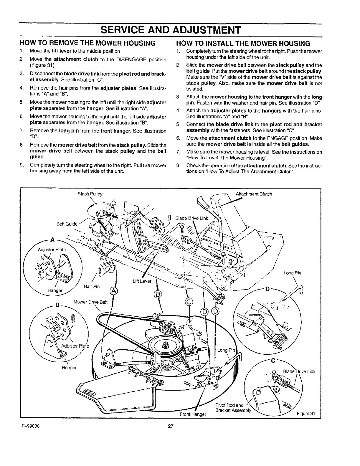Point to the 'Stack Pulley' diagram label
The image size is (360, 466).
[90, 194]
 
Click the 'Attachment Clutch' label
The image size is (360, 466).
[254, 194]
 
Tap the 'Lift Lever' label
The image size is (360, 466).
[142, 281]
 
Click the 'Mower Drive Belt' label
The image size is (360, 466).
[90, 302]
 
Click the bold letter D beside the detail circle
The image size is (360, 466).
[267, 289]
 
